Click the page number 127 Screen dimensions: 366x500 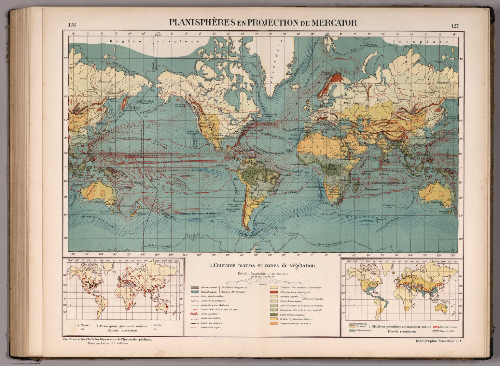[455, 26]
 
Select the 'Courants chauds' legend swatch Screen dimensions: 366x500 [194, 287]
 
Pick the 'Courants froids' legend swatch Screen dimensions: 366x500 [194, 292]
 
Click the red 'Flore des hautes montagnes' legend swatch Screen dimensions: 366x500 [273, 292]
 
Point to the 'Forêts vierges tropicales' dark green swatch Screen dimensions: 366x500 [273, 315]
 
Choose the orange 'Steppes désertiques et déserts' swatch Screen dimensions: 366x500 [273, 324]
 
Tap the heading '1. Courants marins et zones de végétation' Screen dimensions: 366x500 [262, 266]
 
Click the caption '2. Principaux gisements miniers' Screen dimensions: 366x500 [122, 326]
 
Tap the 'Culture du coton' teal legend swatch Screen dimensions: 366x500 [352, 331]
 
